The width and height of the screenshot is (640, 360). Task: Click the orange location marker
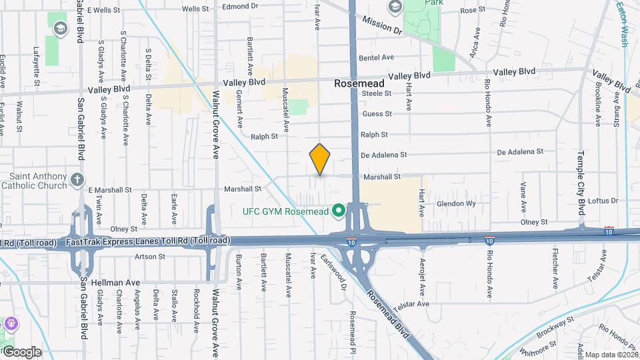[x=320, y=159]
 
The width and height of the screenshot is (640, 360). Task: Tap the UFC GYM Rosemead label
[x=287, y=211]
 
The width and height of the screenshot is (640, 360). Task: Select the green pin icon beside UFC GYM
[x=338, y=211]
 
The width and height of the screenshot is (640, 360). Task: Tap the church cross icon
[x=77, y=179]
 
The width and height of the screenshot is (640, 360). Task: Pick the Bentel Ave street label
[x=377, y=58]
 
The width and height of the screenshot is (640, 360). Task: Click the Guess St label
[x=377, y=114]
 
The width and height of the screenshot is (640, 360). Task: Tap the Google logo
[x=22, y=351]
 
